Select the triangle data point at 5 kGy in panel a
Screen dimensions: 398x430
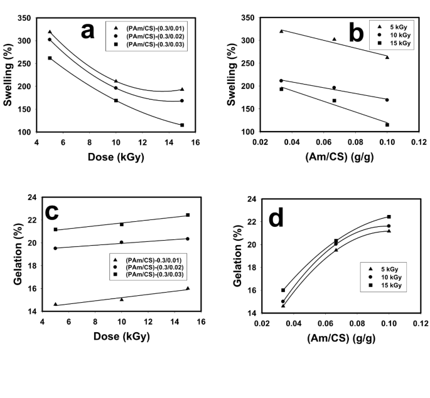(50, 32)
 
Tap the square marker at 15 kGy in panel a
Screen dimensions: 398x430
(182, 125)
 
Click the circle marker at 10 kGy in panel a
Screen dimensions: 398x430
(116, 88)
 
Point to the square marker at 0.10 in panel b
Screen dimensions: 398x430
(387, 125)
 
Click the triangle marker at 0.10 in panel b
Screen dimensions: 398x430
(387, 57)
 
